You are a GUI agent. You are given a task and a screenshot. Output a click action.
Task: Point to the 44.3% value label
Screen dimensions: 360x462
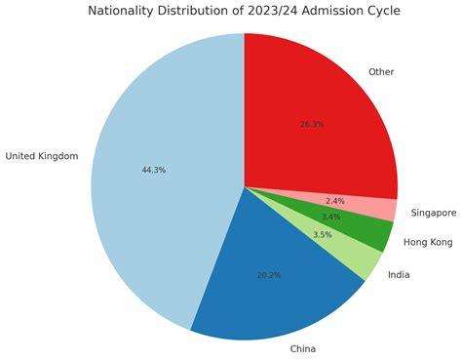click(x=153, y=170)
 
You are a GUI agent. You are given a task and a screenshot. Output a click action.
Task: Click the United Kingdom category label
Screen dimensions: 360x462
click(x=41, y=156)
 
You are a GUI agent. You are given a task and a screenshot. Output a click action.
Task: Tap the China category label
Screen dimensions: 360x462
click(x=303, y=348)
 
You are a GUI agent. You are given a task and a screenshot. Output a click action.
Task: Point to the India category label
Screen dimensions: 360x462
click(x=399, y=275)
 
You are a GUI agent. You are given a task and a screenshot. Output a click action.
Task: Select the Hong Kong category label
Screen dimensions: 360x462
click(x=427, y=241)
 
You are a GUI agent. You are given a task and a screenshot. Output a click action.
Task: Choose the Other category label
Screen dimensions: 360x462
click(x=380, y=71)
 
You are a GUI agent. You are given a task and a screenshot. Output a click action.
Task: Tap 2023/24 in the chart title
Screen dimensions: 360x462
click(x=268, y=12)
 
